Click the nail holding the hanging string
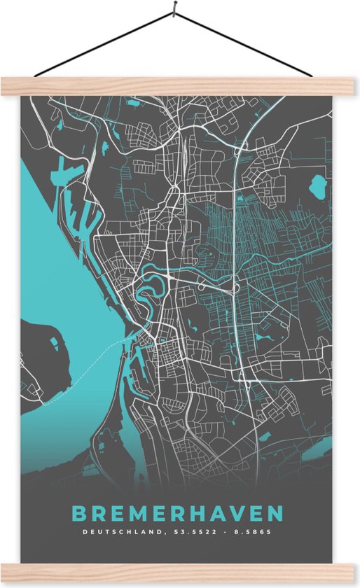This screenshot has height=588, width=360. point(173,12)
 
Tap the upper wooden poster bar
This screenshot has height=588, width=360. point(180,86)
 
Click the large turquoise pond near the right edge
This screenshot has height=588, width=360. point(319,187)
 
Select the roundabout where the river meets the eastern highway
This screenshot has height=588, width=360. point(235,286)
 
